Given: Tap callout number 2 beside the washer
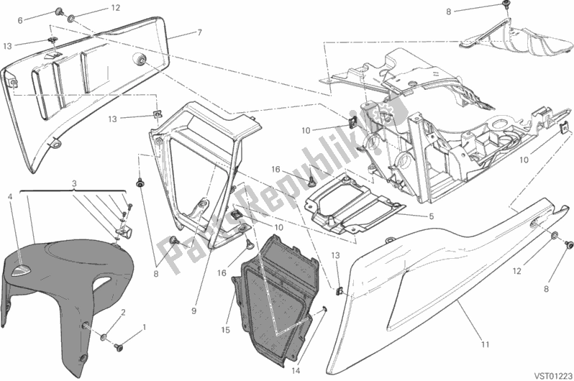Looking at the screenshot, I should pos(122,312).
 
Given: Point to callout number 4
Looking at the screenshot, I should pos(9,196).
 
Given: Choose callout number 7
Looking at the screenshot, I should pos(199,33).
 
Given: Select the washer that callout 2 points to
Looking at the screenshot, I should pos(105,337).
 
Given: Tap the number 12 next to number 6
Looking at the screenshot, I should pos(116,9).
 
